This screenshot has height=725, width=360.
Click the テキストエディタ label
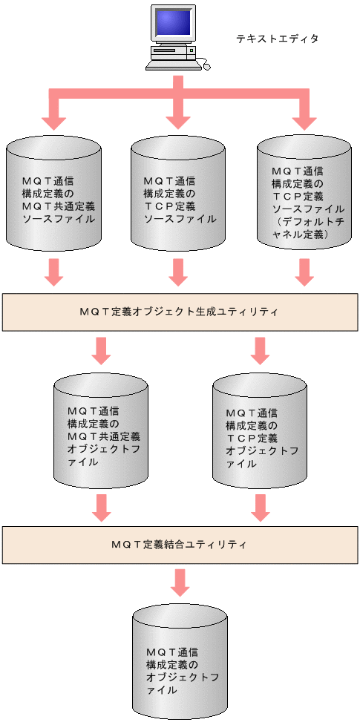pyautogui.click(x=277, y=39)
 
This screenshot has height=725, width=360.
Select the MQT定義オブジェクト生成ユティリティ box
pyautogui.click(x=179, y=312)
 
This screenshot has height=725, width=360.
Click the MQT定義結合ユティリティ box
pyautogui.click(x=179, y=545)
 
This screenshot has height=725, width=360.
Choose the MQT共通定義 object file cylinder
pyautogui.click(x=102, y=435)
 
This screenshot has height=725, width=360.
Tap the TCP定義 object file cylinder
pyautogui.click(x=259, y=435)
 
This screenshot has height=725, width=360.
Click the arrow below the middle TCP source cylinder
pyautogui.click(x=177, y=272)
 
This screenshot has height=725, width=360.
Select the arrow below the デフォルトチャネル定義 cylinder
pyautogui.click(x=303, y=272)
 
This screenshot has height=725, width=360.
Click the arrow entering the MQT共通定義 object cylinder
pyautogui.click(x=102, y=350)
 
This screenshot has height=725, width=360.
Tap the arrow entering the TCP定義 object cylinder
pyautogui.click(x=259, y=350)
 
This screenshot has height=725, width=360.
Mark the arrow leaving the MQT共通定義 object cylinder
pyautogui.click(x=102, y=508)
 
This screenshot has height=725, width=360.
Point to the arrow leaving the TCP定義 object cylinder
pyautogui.click(x=259, y=508)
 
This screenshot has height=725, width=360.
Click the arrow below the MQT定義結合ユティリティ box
pyautogui.click(x=178, y=583)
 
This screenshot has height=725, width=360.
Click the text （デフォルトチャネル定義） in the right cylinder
pyautogui.click(x=302, y=234)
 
